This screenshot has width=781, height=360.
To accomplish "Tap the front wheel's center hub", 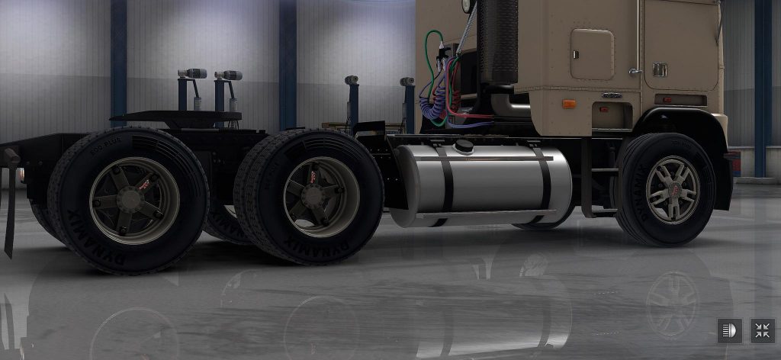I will [672, 190].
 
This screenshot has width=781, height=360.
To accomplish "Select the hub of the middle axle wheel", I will [321, 196].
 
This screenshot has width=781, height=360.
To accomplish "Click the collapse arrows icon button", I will [762, 330].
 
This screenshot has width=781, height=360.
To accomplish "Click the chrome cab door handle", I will [635, 72].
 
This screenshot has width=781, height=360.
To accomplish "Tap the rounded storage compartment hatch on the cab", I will [592, 54].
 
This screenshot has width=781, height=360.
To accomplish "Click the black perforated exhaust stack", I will [499, 42].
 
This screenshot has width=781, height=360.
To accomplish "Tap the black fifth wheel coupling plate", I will [176, 117].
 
